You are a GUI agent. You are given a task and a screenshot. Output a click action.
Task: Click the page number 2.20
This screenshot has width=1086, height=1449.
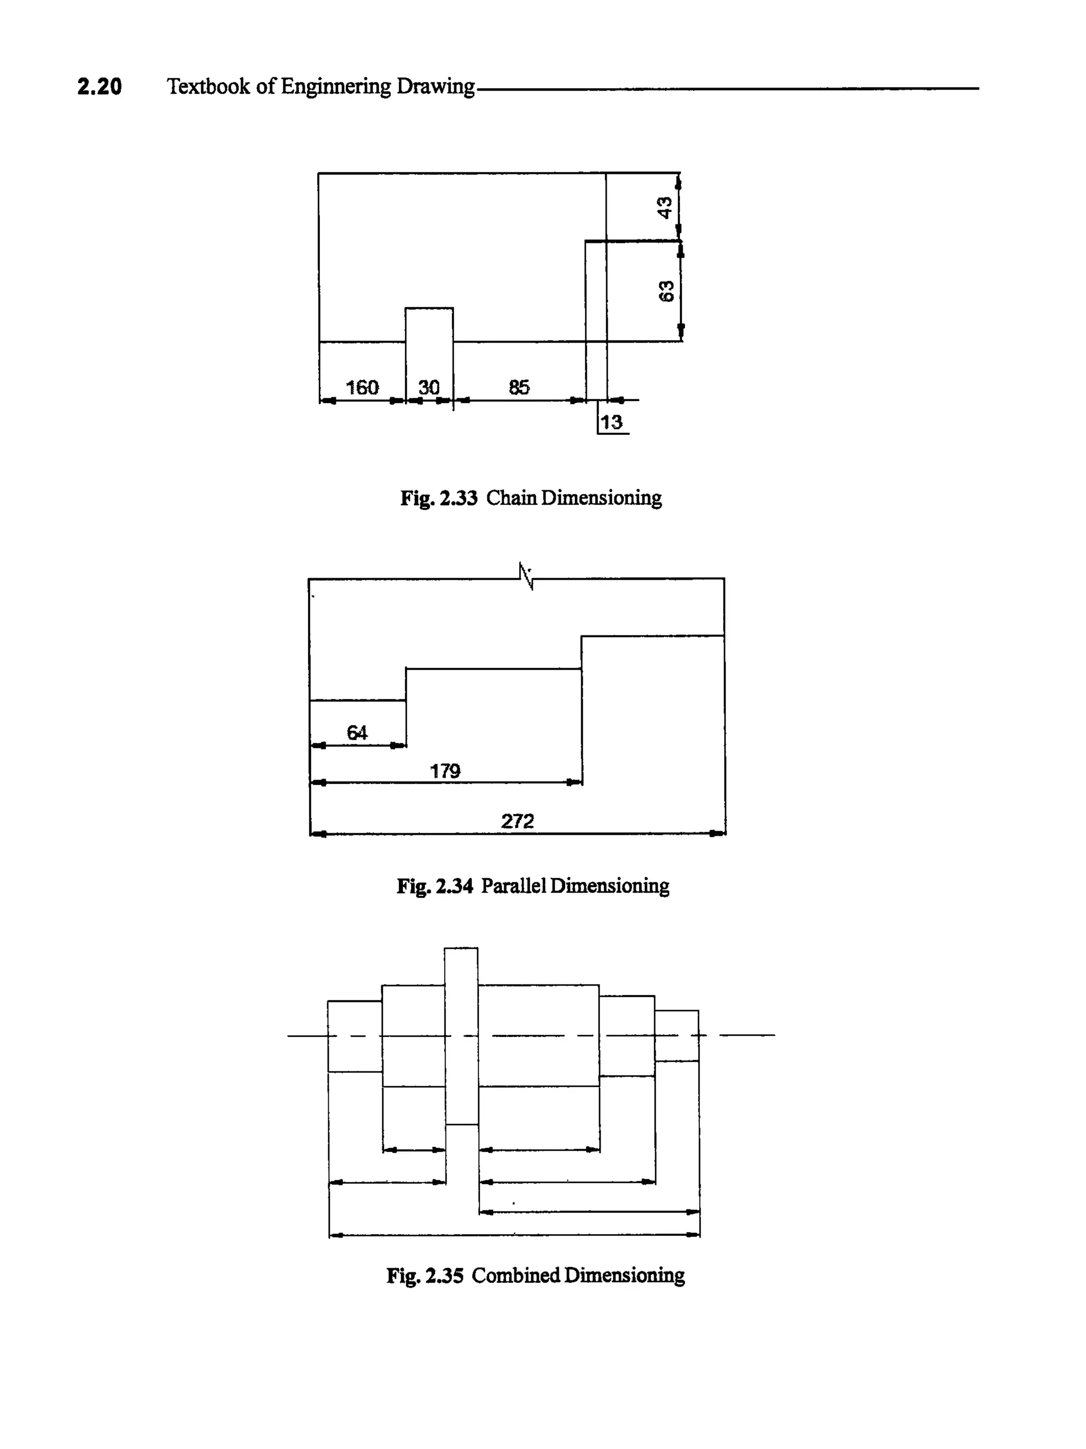pyautogui.click(x=100, y=86)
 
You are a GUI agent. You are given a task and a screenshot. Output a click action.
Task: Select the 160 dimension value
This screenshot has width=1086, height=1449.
pyautogui.click(x=362, y=387)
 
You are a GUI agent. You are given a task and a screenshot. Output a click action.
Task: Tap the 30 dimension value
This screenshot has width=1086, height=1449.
pyautogui.click(x=428, y=387)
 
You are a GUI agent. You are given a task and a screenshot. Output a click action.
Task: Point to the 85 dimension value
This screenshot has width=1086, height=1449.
pyautogui.click(x=519, y=387)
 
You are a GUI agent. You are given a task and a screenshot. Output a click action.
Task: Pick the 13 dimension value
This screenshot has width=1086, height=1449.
pyautogui.click(x=611, y=423)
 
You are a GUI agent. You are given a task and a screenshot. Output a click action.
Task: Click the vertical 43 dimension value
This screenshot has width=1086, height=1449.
pyautogui.click(x=665, y=208)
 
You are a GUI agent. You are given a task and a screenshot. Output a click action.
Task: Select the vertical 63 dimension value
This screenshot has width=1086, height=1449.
pyautogui.click(x=665, y=291)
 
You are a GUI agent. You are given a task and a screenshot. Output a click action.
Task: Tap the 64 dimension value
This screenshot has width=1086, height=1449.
pyautogui.click(x=357, y=732)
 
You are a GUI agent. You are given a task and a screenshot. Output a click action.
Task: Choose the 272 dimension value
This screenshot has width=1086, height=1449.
pyautogui.click(x=518, y=821)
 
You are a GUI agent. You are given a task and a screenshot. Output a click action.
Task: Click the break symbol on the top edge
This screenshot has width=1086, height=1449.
pyautogui.click(x=526, y=576)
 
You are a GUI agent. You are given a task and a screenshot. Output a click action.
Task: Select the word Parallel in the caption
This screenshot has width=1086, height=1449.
pyautogui.click(x=513, y=886)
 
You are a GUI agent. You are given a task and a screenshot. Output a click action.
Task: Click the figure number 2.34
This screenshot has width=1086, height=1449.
pyautogui.click(x=454, y=886)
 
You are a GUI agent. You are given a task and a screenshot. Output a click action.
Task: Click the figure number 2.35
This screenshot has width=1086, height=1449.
pyautogui.click(x=444, y=1276)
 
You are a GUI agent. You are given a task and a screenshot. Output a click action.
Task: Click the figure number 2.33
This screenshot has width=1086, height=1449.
pyautogui.click(x=459, y=499)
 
